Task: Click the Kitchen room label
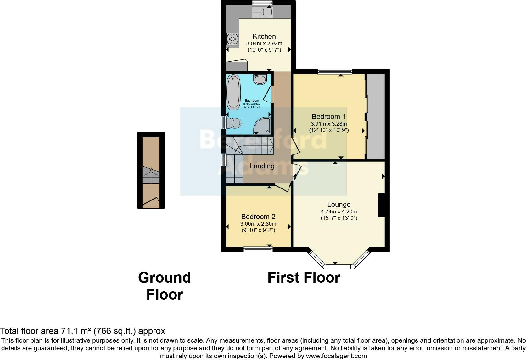pyautogui.click(x=264, y=36)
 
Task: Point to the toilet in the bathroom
pyautogui.click(x=234, y=123)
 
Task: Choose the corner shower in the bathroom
pyautogui.click(x=262, y=125)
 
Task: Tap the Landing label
pyautogui.click(x=262, y=166)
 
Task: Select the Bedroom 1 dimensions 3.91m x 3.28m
pyautogui.click(x=329, y=124)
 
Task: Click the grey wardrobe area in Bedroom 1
pyautogui.click(x=376, y=116)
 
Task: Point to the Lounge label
pyautogui.click(x=339, y=204)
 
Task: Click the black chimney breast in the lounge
pyautogui.click(x=382, y=205)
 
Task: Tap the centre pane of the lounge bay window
pyautogui.click(x=339, y=267)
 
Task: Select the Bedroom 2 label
pyautogui.click(x=258, y=217)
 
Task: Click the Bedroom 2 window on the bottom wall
pyautogui.click(x=258, y=250)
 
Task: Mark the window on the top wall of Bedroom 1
pyautogui.click(x=334, y=71)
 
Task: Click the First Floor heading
pyautogui.click(x=304, y=278)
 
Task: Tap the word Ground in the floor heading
pyautogui.click(x=164, y=278)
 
